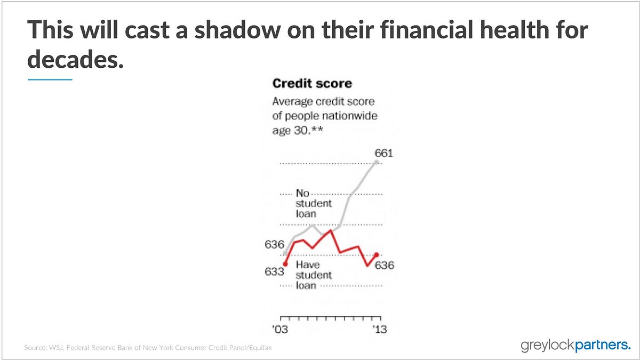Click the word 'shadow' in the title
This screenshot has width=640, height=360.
click(x=237, y=29)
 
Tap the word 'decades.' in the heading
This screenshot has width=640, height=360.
click(x=75, y=59)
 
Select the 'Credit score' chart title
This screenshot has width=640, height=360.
click(x=313, y=83)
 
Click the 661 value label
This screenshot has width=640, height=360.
click(x=383, y=153)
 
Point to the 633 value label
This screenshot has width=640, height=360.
click(x=274, y=271)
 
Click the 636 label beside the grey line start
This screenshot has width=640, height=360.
click(x=274, y=245)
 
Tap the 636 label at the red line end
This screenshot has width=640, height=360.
click(x=385, y=266)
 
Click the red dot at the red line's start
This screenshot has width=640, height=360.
click(x=285, y=265)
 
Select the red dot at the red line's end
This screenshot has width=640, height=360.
click(x=377, y=254)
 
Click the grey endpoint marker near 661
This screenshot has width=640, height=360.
click(x=377, y=162)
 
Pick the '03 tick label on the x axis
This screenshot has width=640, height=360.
click(x=280, y=330)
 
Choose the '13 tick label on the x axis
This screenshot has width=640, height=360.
click(x=380, y=330)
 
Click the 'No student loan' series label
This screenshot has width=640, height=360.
click(x=314, y=203)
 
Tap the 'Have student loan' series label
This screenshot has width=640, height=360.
click(x=314, y=275)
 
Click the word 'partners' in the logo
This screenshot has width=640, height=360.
click(x=603, y=346)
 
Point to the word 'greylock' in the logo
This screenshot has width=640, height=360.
click(x=547, y=346)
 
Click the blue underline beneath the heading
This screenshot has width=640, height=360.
click(x=50, y=79)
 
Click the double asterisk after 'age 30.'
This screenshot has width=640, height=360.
click(x=317, y=130)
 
